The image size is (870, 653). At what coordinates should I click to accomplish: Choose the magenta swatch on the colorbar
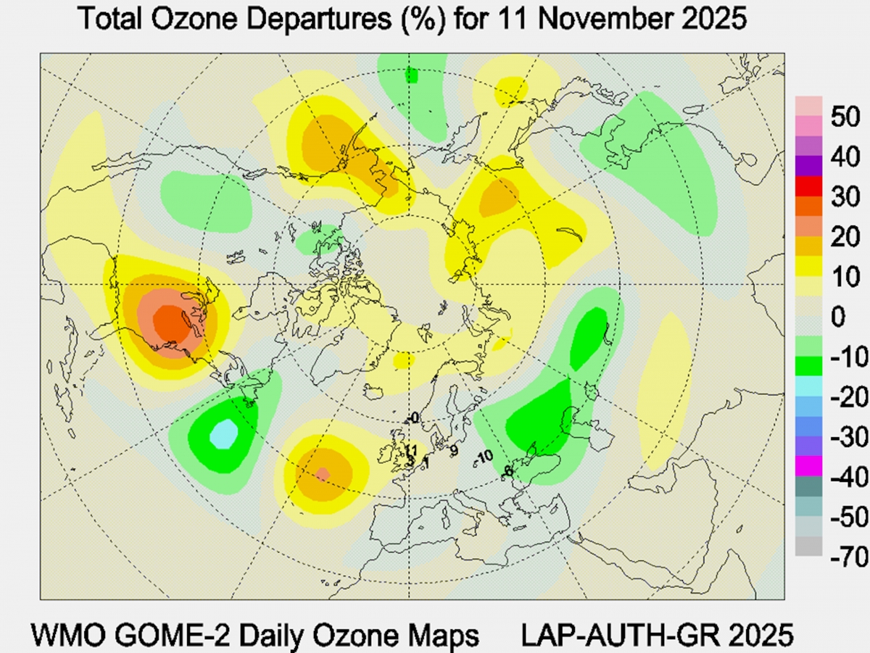pos(808,465)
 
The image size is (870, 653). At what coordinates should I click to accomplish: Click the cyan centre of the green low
pos(224,434)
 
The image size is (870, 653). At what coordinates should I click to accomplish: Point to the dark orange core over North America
pos(171,323)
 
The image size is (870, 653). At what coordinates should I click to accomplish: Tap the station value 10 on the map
pos(485,455)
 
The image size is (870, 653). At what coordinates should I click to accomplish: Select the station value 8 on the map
pos(508,471)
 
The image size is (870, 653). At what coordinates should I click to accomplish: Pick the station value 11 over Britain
pos(410,451)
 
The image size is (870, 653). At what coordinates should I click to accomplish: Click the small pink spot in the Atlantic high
pos(323,473)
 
